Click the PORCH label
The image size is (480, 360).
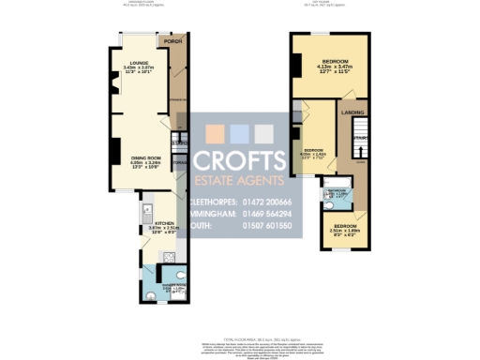pyautogui.click(x=172, y=42)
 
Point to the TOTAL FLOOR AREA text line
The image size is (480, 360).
pyautogui.click(x=239, y=329)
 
